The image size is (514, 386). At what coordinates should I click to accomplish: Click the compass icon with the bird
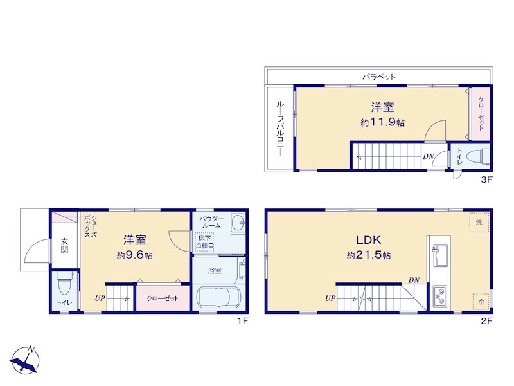coord(25,360)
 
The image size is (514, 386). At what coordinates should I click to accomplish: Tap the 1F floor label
coord(243,321)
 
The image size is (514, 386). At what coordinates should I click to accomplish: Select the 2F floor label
coord(486,321)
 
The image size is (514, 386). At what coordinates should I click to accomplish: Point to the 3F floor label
coord(486,179)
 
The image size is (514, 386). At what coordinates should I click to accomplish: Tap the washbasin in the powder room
coord(238,223)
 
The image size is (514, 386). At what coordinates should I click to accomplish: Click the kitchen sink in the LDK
coord(439,256)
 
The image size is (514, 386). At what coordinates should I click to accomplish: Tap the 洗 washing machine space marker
coord(479,223)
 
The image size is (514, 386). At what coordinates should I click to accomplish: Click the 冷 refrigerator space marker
coord(481,301)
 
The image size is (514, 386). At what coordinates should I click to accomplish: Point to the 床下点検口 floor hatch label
coord(204,242)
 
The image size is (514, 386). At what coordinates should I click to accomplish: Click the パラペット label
coord(379,77)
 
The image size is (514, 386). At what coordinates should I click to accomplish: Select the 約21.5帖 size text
coord(369,255)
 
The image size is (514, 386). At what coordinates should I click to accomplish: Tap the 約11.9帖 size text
coord(382,122)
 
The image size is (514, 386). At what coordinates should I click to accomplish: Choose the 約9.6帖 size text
coord(135,255)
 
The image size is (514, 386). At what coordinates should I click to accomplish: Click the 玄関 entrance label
coord(65,246)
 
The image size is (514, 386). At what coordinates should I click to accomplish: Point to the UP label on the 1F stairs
coord(100,299)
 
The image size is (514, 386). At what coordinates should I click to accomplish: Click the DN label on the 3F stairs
coord(428,156)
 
